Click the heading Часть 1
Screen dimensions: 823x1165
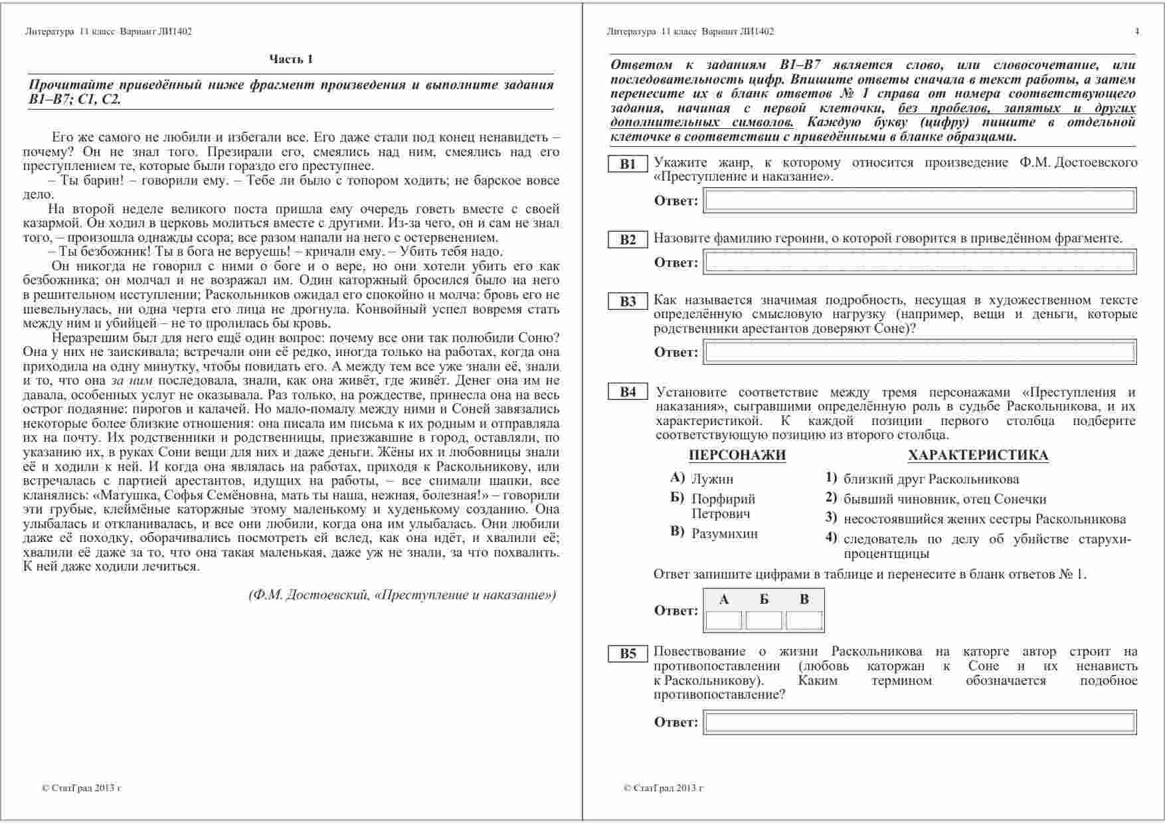click(x=291, y=59)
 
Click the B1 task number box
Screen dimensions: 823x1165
click(x=628, y=164)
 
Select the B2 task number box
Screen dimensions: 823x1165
click(x=628, y=240)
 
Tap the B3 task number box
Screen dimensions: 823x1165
click(x=628, y=302)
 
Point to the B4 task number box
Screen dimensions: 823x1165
click(x=628, y=392)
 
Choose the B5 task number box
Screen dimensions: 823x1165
click(x=628, y=654)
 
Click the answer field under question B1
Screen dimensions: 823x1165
click(x=920, y=201)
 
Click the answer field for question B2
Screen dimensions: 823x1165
click(x=920, y=262)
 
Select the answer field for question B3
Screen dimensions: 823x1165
click(x=920, y=352)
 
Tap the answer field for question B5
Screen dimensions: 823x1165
click(x=920, y=722)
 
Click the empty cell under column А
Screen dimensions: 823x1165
click(x=723, y=620)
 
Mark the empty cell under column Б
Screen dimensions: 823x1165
click(x=764, y=620)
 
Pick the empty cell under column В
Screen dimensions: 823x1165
click(x=804, y=620)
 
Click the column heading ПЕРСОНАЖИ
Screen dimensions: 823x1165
click(x=737, y=455)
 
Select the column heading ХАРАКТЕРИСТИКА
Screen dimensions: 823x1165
click(x=978, y=455)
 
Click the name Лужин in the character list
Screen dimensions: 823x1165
click(x=712, y=479)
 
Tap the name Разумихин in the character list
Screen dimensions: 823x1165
click(x=725, y=533)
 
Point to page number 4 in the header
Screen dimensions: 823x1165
click(x=1137, y=31)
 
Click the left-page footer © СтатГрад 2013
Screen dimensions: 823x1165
click(x=81, y=788)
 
